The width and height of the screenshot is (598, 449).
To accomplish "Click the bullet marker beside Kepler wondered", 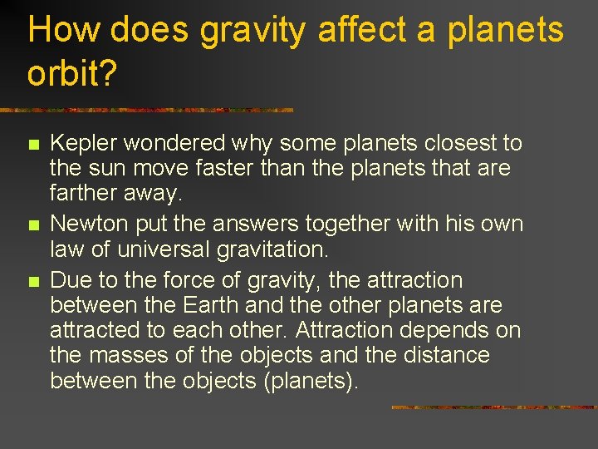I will click(32, 145).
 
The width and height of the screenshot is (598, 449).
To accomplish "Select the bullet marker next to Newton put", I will click(32, 225).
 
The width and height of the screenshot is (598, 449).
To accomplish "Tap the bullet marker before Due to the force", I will click(32, 281).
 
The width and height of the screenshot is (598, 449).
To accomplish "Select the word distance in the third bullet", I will click(443, 355).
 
